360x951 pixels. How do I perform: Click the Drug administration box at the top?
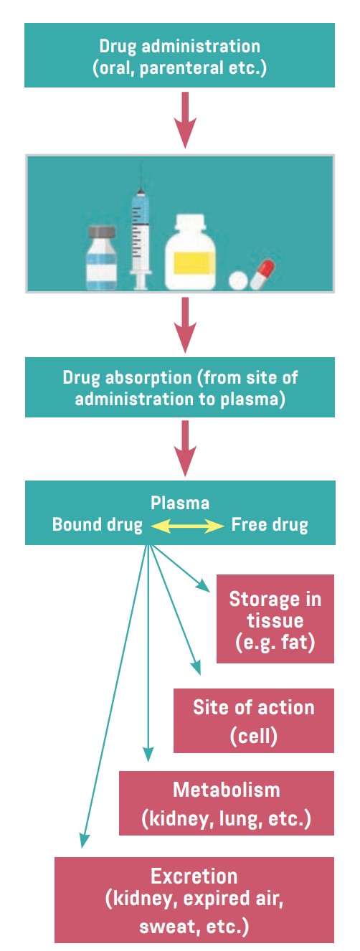point(179,55)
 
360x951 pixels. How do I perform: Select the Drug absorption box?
point(179,387)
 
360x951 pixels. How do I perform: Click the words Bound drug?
point(97,525)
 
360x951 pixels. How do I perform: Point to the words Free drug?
point(269,525)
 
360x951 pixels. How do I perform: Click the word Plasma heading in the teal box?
point(179,503)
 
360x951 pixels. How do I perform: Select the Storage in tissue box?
point(275,618)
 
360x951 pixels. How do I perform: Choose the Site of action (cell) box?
point(253,720)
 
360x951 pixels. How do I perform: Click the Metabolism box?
point(226,803)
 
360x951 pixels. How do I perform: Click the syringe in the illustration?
point(141,230)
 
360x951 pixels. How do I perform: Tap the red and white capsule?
point(262,274)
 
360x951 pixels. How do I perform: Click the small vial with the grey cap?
point(103,259)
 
